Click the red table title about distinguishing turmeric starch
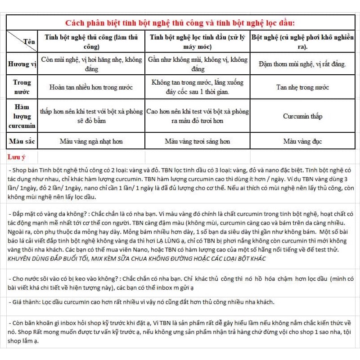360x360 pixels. pyautogui.click(x=180, y=22)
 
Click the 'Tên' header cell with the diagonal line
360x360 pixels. pyautogui.click(x=22, y=41)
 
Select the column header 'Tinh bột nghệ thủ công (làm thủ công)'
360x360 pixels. pyautogui.click(x=91, y=41)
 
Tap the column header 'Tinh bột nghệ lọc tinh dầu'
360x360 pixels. pyautogui.click(x=198, y=41)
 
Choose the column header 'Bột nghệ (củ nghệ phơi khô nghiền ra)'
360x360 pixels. pyautogui.click(x=302, y=41)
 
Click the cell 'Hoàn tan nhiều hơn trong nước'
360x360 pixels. pyautogui.click(x=91, y=87)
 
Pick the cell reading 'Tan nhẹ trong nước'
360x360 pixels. pyautogui.click(x=302, y=87)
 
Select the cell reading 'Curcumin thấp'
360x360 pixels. pyautogui.click(x=302, y=116)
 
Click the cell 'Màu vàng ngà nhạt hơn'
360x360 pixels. pyautogui.click(x=91, y=141)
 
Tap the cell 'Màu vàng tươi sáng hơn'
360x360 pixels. pyautogui.click(x=198, y=141)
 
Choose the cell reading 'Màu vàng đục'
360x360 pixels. pyautogui.click(x=302, y=141)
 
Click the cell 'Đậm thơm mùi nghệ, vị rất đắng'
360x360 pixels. pyautogui.click(x=302, y=64)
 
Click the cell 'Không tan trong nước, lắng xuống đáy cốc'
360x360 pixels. pyautogui.click(x=198, y=87)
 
